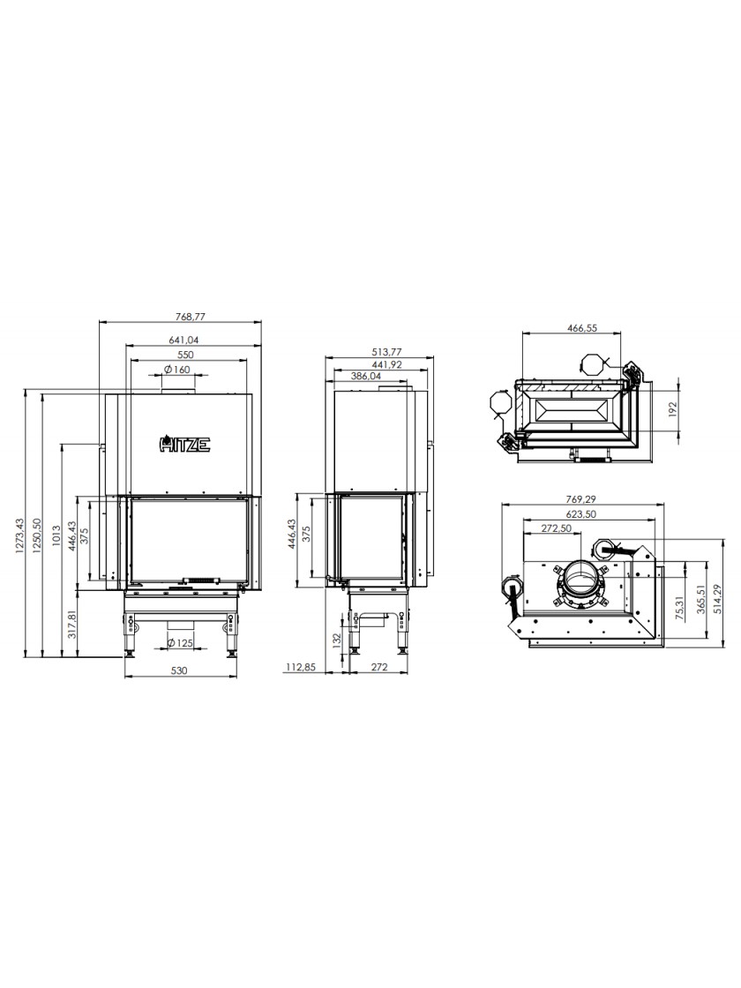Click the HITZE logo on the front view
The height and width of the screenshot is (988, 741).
point(183,445)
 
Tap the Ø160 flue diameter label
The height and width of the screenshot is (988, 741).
point(177,370)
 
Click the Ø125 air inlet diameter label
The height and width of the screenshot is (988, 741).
point(180,643)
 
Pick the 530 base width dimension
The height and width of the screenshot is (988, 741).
point(180,670)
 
